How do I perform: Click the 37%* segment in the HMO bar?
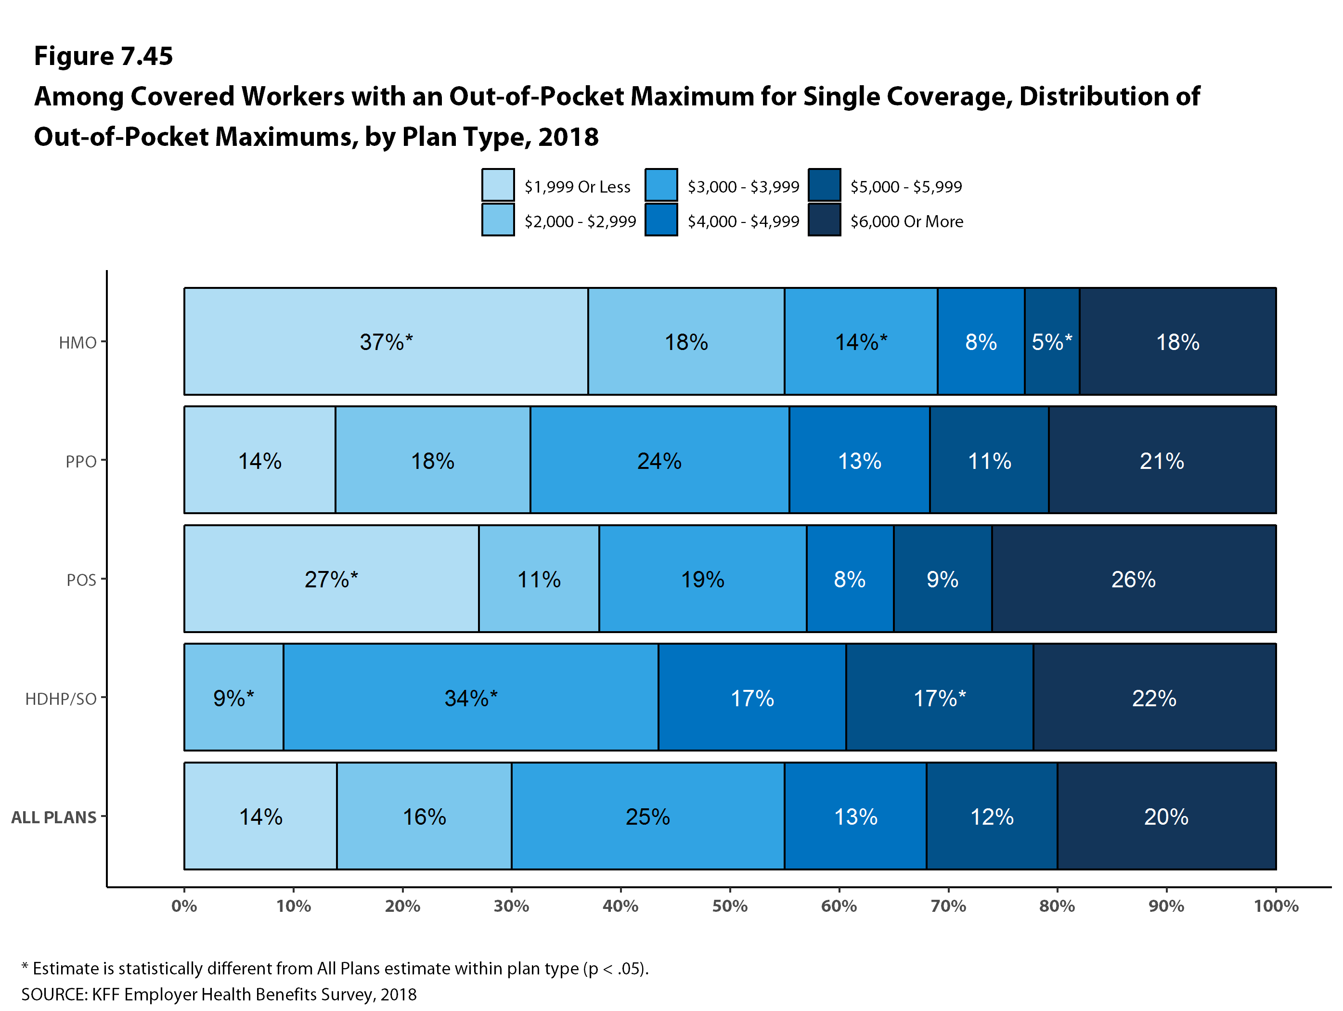click(x=386, y=342)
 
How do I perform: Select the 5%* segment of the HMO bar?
click(x=1052, y=342)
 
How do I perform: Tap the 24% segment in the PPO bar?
click(x=659, y=460)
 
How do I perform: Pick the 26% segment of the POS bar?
click(x=1133, y=579)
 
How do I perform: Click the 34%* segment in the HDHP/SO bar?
click(x=471, y=698)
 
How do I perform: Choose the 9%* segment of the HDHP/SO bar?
click(x=234, y=698)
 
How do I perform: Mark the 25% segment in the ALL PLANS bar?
click(x=647, y=816)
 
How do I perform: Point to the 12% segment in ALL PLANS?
click(x=992, y=816)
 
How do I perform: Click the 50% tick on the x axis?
click(x=729, y=906)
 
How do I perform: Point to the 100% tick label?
click(x=1276, y=906)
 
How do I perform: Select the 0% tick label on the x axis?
click(x=184, y=906)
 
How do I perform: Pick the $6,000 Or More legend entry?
click(x=906, y=221)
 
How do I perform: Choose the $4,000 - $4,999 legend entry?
click(x=743, y=221)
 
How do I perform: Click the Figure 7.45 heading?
click(x=103, y=56)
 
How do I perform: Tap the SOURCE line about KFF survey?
click(x=219, y=994)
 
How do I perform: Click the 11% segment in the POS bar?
click(x=539, y=579)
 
